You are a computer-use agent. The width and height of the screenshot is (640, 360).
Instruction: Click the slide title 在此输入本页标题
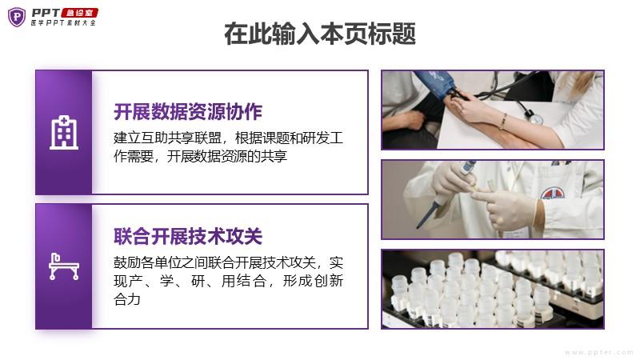point(320,34)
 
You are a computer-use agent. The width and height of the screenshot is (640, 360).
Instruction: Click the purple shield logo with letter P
point(17,17)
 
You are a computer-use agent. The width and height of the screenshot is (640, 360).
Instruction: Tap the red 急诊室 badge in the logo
point(79,13)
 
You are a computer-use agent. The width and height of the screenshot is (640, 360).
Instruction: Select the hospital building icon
point(64,132)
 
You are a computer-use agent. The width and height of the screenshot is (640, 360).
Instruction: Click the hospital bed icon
point(64,266)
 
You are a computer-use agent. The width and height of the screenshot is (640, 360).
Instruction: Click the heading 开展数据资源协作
point(188,112)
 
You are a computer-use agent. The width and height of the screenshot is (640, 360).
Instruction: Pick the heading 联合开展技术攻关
point(188,236)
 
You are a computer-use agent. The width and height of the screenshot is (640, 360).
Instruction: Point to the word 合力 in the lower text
point(127,299)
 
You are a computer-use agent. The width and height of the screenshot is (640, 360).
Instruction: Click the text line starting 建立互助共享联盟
point(228,138)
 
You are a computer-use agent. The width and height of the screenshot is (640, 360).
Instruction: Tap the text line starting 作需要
point(201,156)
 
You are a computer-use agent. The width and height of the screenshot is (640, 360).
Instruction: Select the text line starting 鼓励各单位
point(228,262)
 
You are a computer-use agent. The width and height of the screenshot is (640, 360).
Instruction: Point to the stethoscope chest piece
point(534,118)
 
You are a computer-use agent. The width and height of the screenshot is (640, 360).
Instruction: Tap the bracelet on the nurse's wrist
point(504,122)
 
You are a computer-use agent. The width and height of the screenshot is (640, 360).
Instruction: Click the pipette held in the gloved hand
point(445,195)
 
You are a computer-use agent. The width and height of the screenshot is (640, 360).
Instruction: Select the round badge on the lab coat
point(553,194)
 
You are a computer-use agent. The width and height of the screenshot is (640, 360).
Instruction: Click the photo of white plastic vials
point(493,289)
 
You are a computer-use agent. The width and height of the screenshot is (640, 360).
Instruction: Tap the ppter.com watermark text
point(598,352)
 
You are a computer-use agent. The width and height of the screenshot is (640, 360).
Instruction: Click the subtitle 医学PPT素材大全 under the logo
point(64,23)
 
